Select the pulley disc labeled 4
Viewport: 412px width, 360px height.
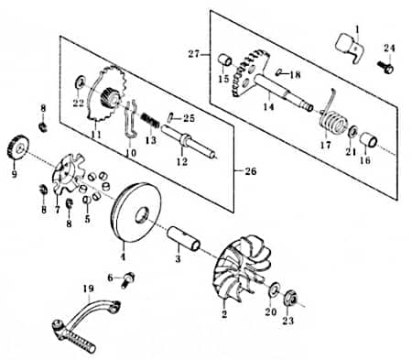click(x=136, y=213)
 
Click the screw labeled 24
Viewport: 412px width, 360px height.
click(x=385, y=67)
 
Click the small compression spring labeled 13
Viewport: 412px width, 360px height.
click(x=150, y=120)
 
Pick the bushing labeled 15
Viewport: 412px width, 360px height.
click(x=225, y=60)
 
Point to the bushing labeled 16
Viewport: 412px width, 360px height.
click(x=368, y=139)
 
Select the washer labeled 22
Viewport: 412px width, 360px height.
click(x=80, y=81)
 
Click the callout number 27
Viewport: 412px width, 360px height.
click(x=193, y=54)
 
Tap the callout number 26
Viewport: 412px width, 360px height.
click(x=251, y=171)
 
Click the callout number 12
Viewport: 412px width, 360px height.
click(x=182, y=161)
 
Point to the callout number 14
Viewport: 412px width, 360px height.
click(x=268, y=106)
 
